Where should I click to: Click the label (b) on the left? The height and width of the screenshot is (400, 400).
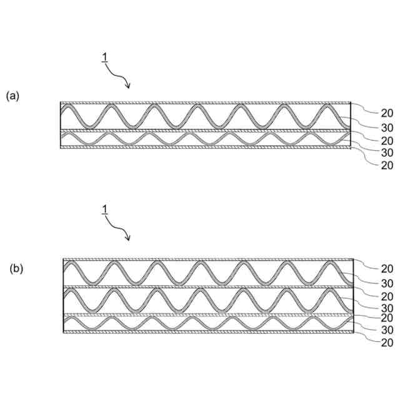[16, 269]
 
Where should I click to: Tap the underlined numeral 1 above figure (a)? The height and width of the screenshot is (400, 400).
[105, 57]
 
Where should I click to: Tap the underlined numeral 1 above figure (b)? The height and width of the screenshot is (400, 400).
[105, 213]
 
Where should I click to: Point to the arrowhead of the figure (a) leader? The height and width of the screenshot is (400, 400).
[128, 85]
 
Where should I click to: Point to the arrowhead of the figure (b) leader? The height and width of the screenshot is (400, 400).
[128, 239]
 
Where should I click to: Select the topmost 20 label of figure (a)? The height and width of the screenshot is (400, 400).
[387, 113]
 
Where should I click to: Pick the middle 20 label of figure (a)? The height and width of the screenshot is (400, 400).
[387, 140]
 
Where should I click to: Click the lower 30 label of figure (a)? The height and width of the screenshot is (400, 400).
[387, 152]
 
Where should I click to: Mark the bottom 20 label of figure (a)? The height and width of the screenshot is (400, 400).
[387, 165]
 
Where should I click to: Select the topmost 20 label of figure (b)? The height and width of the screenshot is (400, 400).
[387, 268]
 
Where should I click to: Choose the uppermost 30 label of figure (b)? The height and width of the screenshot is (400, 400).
[387, 282]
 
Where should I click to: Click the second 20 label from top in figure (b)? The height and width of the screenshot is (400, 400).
[387, 296]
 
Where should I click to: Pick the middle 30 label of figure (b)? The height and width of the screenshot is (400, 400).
[387, 307]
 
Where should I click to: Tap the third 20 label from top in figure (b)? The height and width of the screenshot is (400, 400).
[387, 318]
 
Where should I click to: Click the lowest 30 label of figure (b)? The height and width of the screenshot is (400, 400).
[387, 329]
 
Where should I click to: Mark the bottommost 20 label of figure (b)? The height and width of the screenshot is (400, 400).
[387, 342]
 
